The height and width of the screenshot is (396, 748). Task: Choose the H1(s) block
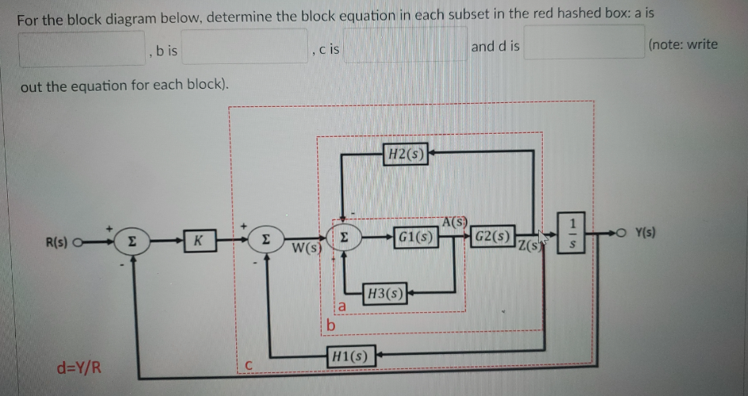350,356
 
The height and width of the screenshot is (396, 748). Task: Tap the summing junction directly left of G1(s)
343,238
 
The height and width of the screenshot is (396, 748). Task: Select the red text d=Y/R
76,367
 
